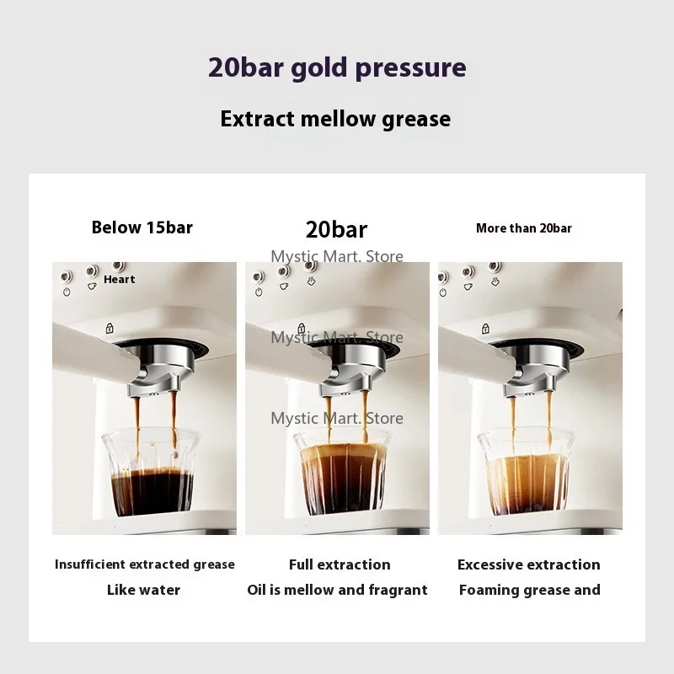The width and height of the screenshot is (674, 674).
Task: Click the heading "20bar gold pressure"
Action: tap(337, 68)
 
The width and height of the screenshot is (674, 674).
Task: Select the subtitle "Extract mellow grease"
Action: tap(335, 119)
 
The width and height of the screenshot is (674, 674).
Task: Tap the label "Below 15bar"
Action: tap(142, 227)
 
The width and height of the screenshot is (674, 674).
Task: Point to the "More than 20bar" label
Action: tap(524, 228)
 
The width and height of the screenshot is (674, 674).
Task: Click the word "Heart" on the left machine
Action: tap(120, 280)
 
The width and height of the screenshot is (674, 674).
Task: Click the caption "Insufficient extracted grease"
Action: tap(145, 564)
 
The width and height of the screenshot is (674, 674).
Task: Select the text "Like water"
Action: tap(144, 590)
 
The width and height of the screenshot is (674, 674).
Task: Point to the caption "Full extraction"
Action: tap(340, 564)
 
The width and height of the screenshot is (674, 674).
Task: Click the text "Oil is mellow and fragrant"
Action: tap(337, 590)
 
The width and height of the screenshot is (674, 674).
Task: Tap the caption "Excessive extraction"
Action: tap(529, 564)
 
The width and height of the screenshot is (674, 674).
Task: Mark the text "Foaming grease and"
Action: tap(530, 590)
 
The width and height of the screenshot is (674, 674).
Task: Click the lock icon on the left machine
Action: tap(109, 329)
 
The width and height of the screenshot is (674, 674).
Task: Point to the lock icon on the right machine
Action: tap(485, 329)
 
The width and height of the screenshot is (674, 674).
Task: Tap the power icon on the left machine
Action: tap(66, 292)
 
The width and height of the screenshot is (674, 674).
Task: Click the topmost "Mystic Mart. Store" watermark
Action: tap(337, 256)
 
